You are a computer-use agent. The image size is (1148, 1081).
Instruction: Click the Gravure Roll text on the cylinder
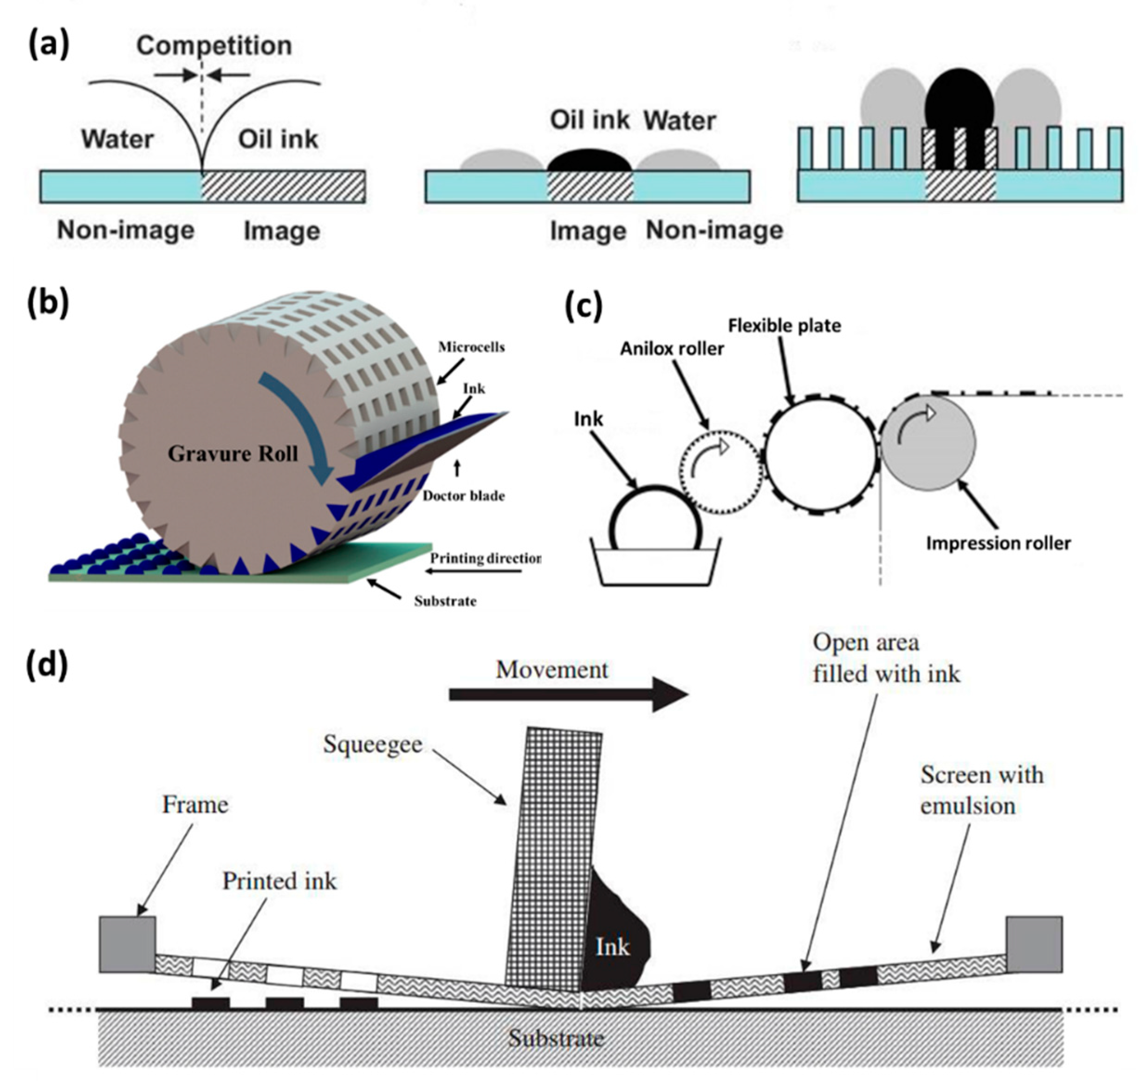pyautogui.click(x=233, y=454)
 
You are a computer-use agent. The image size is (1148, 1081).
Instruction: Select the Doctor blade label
pyautogui.click(x=464, y=496)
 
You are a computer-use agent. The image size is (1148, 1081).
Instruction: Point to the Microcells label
pyautogui.click(x=471, y=347)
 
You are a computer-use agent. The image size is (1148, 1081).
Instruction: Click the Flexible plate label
pyautogui.click(x=784, y=326)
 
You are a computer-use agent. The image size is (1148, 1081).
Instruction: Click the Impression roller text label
pyautogui.click(x=999, y=543)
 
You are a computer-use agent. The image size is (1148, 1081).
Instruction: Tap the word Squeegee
pyautogui.click(x=372, y=744)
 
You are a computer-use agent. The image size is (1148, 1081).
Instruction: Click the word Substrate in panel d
pyautogui.click(x=556, y=1038)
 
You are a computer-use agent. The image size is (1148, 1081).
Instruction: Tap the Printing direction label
pyautogui.click(x=485, y=559)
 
